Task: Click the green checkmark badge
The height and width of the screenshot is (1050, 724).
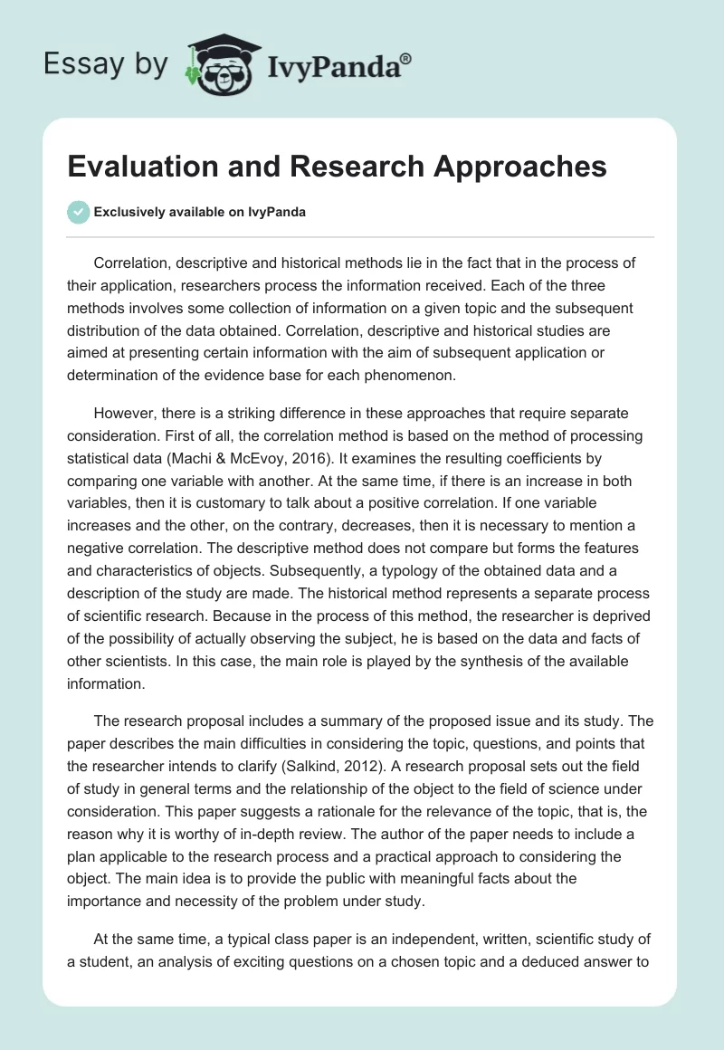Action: (78, 212)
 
